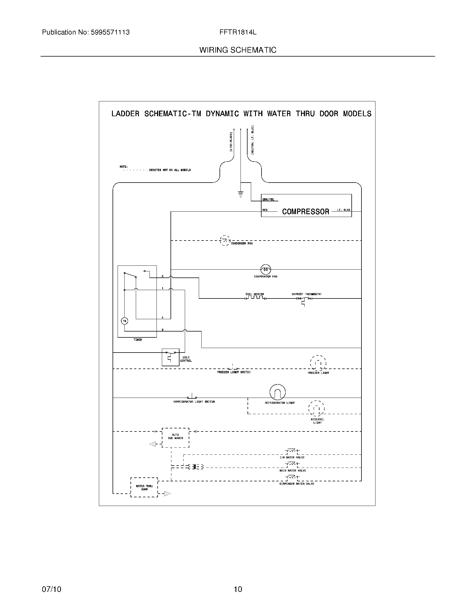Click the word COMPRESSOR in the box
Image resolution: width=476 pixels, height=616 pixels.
click(305, 211)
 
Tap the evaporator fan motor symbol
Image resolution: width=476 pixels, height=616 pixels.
click(265, 270)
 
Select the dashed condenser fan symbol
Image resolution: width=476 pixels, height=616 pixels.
click(225, 241)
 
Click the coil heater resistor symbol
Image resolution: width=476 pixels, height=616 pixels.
click(255, 298)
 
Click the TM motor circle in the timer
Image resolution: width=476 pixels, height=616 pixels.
click(124, 321)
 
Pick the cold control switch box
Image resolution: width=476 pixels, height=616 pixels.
click(170, 357)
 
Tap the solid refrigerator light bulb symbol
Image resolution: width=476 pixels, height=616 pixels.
click(277, 392)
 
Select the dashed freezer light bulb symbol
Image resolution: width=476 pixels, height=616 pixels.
click(318, 363)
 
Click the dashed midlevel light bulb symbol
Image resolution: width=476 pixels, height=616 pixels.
click(316, 408)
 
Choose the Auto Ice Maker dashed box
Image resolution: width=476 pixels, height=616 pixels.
click(175, 437)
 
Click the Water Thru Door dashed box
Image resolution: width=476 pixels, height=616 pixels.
click(144, 487)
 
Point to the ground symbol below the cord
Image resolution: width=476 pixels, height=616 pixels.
click(241, 194)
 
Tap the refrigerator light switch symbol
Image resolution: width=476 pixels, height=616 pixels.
click(192, 396)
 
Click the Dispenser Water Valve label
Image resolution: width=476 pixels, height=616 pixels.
click(297, 484)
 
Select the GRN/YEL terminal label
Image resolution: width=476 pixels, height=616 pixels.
click(268, 199)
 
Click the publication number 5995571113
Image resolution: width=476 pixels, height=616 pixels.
click(110, 32)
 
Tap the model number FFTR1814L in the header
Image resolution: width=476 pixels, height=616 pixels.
click(238, 32)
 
